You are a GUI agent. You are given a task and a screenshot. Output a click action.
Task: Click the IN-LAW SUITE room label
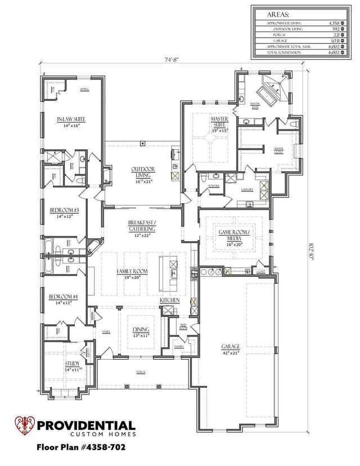67,119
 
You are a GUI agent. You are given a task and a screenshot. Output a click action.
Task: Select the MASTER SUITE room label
218,120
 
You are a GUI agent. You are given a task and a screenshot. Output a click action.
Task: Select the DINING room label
140,330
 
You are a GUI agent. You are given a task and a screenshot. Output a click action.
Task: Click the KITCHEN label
170,301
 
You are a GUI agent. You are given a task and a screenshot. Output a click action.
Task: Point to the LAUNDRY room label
247,190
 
